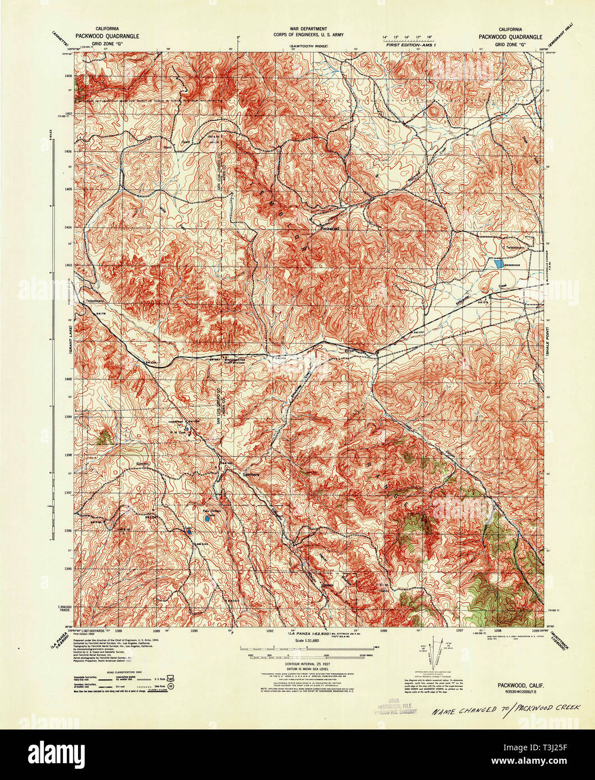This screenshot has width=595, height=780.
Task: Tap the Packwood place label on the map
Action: coord(330,228)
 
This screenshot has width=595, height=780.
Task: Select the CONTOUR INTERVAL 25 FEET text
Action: coord(307,663)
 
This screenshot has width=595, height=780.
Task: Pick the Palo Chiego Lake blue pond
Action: coord(207,520)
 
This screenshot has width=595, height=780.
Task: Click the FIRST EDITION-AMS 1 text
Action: coord(407,44)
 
